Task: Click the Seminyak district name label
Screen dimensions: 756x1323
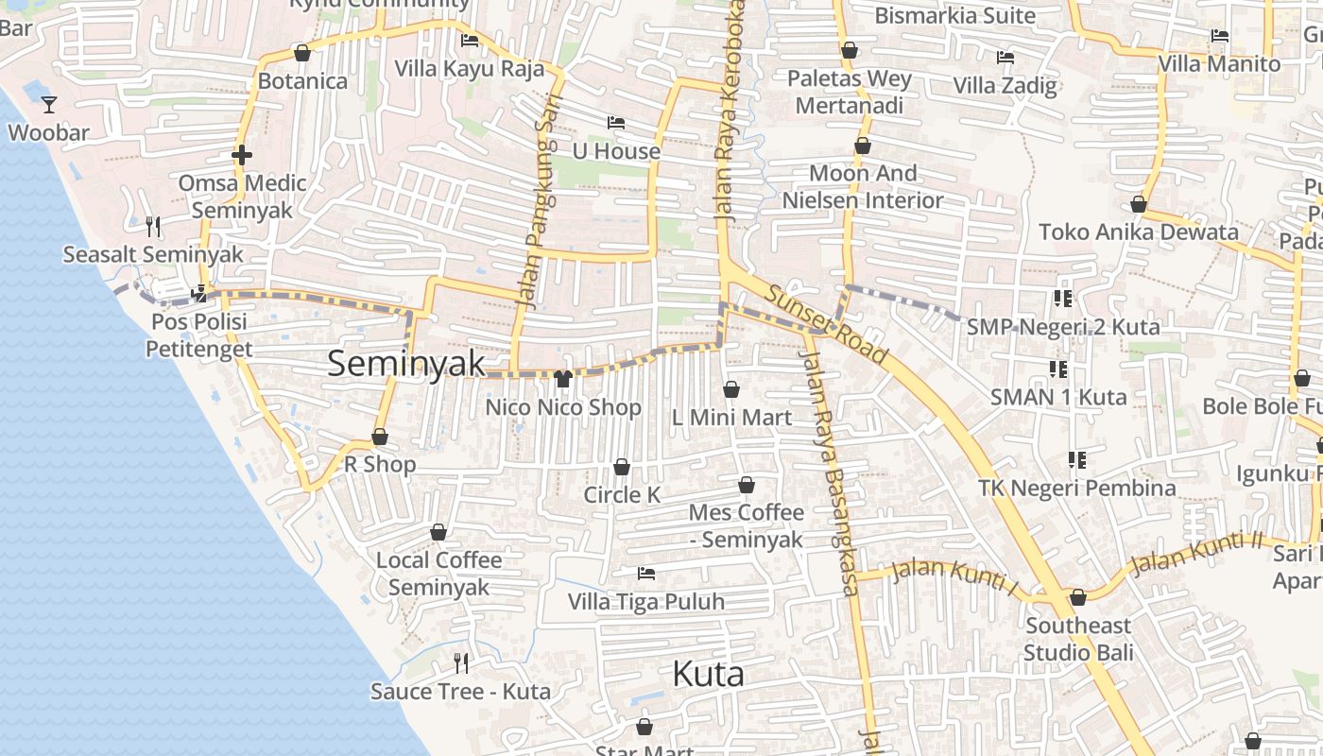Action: click(406, 364)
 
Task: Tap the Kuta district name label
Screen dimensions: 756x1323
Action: click(708, 674)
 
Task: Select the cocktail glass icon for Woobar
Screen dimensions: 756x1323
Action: click(49, 105)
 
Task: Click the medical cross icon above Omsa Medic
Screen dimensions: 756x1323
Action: click(242, 155)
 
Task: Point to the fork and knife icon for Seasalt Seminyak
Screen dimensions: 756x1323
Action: click(153, 226)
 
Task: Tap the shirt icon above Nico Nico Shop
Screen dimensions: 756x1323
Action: click(563, 379)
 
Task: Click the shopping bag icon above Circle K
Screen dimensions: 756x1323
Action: click(622, 467)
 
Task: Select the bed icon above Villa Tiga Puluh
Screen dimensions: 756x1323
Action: click(646, 574)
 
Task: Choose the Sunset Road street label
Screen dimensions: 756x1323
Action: click(827, 324)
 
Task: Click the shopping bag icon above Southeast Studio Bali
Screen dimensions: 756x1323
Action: click(1078, 597)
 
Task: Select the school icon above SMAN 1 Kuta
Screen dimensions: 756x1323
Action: click(1057, 369)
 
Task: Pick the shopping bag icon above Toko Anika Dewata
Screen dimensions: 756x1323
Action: click(1139, 204)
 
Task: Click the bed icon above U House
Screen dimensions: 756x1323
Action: click(616, 123)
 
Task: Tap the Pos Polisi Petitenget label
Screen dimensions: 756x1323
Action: click(198, 335)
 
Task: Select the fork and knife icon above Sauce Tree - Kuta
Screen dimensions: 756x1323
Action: click(461, 663)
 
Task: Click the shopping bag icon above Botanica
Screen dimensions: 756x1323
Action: click(302, 53)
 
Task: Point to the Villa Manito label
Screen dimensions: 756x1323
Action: click(1219, 64)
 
